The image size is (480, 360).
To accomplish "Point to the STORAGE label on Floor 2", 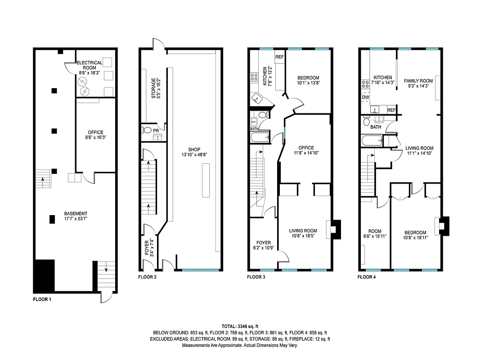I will pyautogui.click(x=153, y=89).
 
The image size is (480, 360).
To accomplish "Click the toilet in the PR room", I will pyautogui.click(x=147, y=130).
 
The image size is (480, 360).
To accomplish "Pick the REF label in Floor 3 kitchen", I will pyautogui.click(x=279, y=57).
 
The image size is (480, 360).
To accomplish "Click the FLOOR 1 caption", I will pyautogui.click(x=43, y=299).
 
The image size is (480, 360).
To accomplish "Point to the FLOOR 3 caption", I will pyautogui.click(x=256, y=277).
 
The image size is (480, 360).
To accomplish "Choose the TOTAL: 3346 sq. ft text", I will pyautogui.click(x=240, y=326).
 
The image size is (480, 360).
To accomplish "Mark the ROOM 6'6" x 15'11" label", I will pyautogui.click(x=375, y=233).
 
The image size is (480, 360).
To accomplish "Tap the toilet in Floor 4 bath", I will pyautogui.click(x=367, y=122).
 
